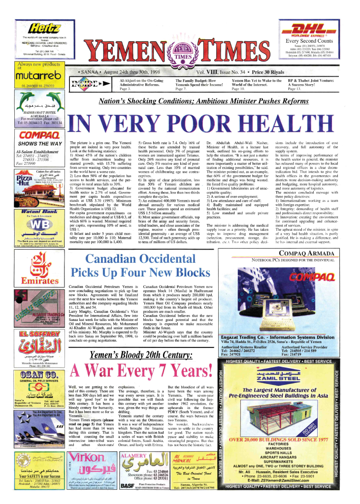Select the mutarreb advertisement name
click(x=34, y=77)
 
